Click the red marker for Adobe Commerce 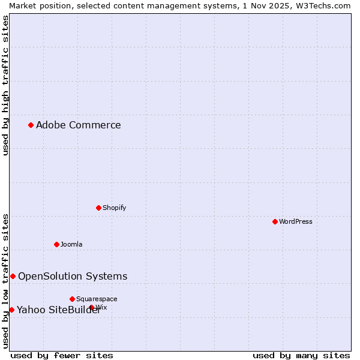[x=31, y=125]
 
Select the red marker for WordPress [x=275, y=221]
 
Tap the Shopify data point [x=98, y=208]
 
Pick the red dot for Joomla [x=56, y=244]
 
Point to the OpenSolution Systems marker [x=13, y=276]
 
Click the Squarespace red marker [x=72, y=299]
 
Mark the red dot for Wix [x=92, y=307]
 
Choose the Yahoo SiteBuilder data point [x=11, y=310]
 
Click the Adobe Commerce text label [x=78, y=125]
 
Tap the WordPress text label [x=295, y=221]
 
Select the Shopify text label [x=114, y=208]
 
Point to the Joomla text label [x=71, y=244]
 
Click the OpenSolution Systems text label [x=73, y=276]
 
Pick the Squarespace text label [x=97, y=299]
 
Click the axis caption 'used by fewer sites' [x=62, y=355]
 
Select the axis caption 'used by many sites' [x=301, y=355]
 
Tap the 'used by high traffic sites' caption [x=5, y=85]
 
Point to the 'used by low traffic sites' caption [x=5, y=281]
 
